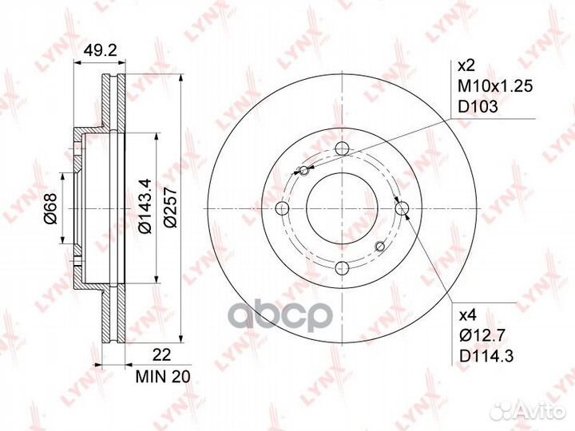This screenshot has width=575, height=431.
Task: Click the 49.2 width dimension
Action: pos(100,50)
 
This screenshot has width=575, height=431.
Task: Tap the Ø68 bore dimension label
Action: pos(50,208)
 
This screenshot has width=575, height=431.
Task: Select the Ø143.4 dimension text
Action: pos(145,205)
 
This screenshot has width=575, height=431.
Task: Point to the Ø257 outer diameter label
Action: pos(170,207)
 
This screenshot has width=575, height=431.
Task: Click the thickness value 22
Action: pos(161,355)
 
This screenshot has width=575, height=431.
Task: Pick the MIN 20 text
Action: pos(163,377)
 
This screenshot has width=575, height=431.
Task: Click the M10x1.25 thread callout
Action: pos(495,86)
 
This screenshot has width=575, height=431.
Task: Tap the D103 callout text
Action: pos(478,107)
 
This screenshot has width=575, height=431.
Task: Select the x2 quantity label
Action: pos(466,66)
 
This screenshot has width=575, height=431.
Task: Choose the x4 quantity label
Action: pos(467,314)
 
